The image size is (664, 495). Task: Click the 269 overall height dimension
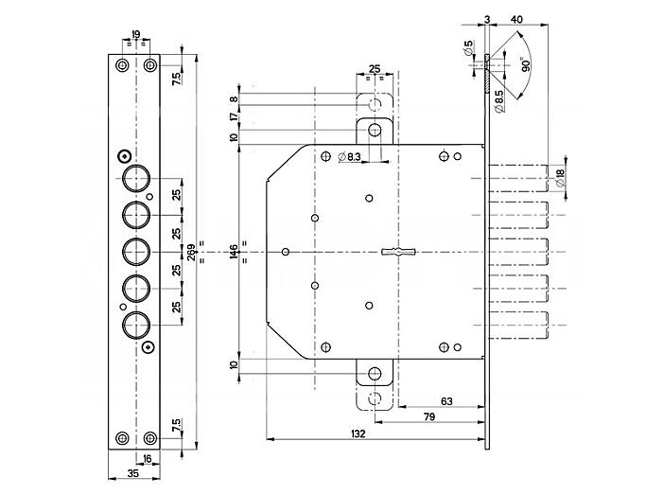(x=191, y=252)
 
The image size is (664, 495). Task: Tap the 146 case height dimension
(x=234, y=253)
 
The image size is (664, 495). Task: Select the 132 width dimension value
(x=358, y=433)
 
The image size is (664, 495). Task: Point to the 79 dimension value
(x=429, y=417)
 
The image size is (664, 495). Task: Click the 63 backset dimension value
(x=446, y=401)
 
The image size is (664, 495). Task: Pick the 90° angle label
(x=526, y=65)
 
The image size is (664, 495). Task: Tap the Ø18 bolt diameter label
(x=559, y=178)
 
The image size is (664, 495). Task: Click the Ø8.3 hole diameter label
(x=349, y=157)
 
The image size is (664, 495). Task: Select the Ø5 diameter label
(x=468, y=48)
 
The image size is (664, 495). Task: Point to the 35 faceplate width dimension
(x=132, y=473)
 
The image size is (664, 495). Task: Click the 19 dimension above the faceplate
(x=135, y=34)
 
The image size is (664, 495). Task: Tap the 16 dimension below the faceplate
(x=147, y=458)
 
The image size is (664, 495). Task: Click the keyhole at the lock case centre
(x=398, y=252)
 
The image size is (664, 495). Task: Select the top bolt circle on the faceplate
(x=136, y=179)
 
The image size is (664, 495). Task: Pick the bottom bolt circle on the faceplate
(x=136, y=325)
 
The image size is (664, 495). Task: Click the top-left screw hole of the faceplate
(x=122, y=65)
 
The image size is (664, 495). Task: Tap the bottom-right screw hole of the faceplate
(x=150, y=438)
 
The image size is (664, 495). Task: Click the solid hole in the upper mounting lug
(x=375, y=130)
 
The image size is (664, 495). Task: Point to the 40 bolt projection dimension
(x=516, y=19)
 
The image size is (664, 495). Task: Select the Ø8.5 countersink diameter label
(x=498, y=101)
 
